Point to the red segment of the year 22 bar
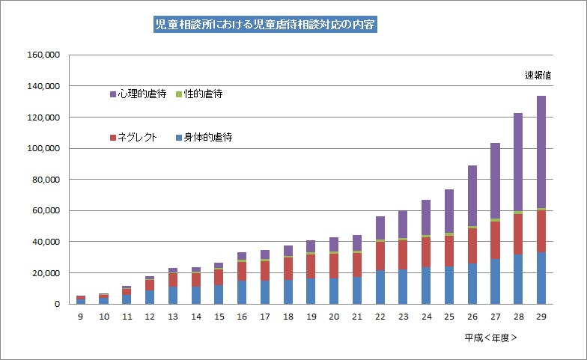click(380, 256)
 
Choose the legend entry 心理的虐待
click(138, 94)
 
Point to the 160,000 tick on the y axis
click(43, 55)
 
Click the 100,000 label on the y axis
click(43, 149)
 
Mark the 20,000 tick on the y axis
click(46, 273)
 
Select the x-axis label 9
click(81, 317)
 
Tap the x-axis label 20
click(334, 317)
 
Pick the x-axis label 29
click(541, 317)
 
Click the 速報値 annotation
click(538, 76)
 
